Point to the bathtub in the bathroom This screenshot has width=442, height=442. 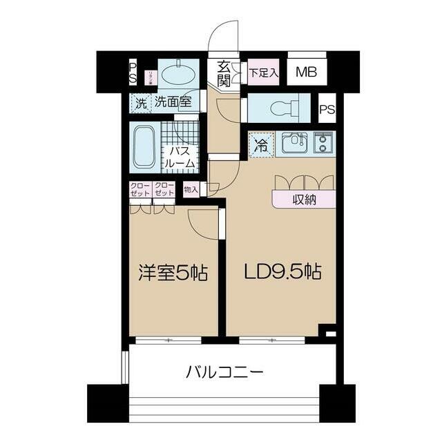coord(143,146)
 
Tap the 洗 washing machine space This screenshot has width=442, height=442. coord(140,104)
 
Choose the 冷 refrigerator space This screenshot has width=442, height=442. coord(261,145)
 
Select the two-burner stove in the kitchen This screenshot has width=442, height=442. coord(323,142)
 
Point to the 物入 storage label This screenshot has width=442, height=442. coord(191,189)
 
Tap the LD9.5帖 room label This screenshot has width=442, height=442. coord(282,271)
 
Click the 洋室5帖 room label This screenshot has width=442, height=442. coord(174,271)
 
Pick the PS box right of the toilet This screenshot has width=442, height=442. coord(327,108)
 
